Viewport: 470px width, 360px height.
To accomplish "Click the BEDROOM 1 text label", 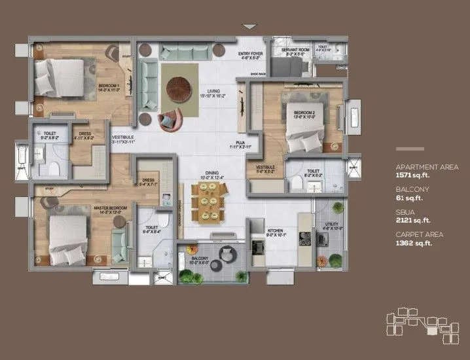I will (109, 86).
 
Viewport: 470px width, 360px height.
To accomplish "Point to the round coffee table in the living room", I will (177, 88).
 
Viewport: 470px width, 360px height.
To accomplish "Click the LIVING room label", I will (213, 92).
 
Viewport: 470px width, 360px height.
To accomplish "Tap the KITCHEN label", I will (274, 230).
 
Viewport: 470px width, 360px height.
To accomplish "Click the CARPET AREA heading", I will (418, 234).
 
